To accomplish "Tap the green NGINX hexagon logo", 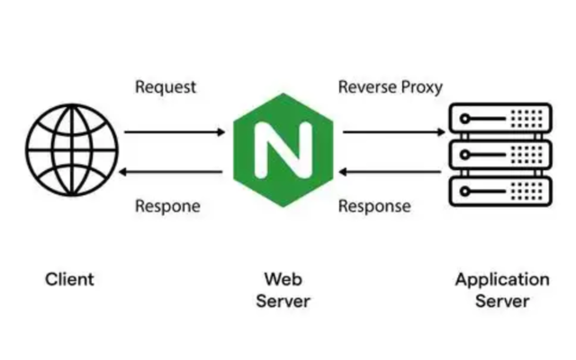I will [x=283, y=150].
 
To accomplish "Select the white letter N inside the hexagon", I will [x=283, y=150].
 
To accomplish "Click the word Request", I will [x=166, y=87].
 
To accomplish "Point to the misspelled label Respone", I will [x=167, y=206].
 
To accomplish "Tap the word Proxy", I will [x=421, y=87].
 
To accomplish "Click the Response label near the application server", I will [x=374, y=206].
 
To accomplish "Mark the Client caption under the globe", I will [x=69, y=279].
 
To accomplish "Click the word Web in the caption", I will [x=283, y=279].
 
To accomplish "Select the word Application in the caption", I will [x=502, y=279].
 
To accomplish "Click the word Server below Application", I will [x=502, y=301].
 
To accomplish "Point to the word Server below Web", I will [x=283, y=301].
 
